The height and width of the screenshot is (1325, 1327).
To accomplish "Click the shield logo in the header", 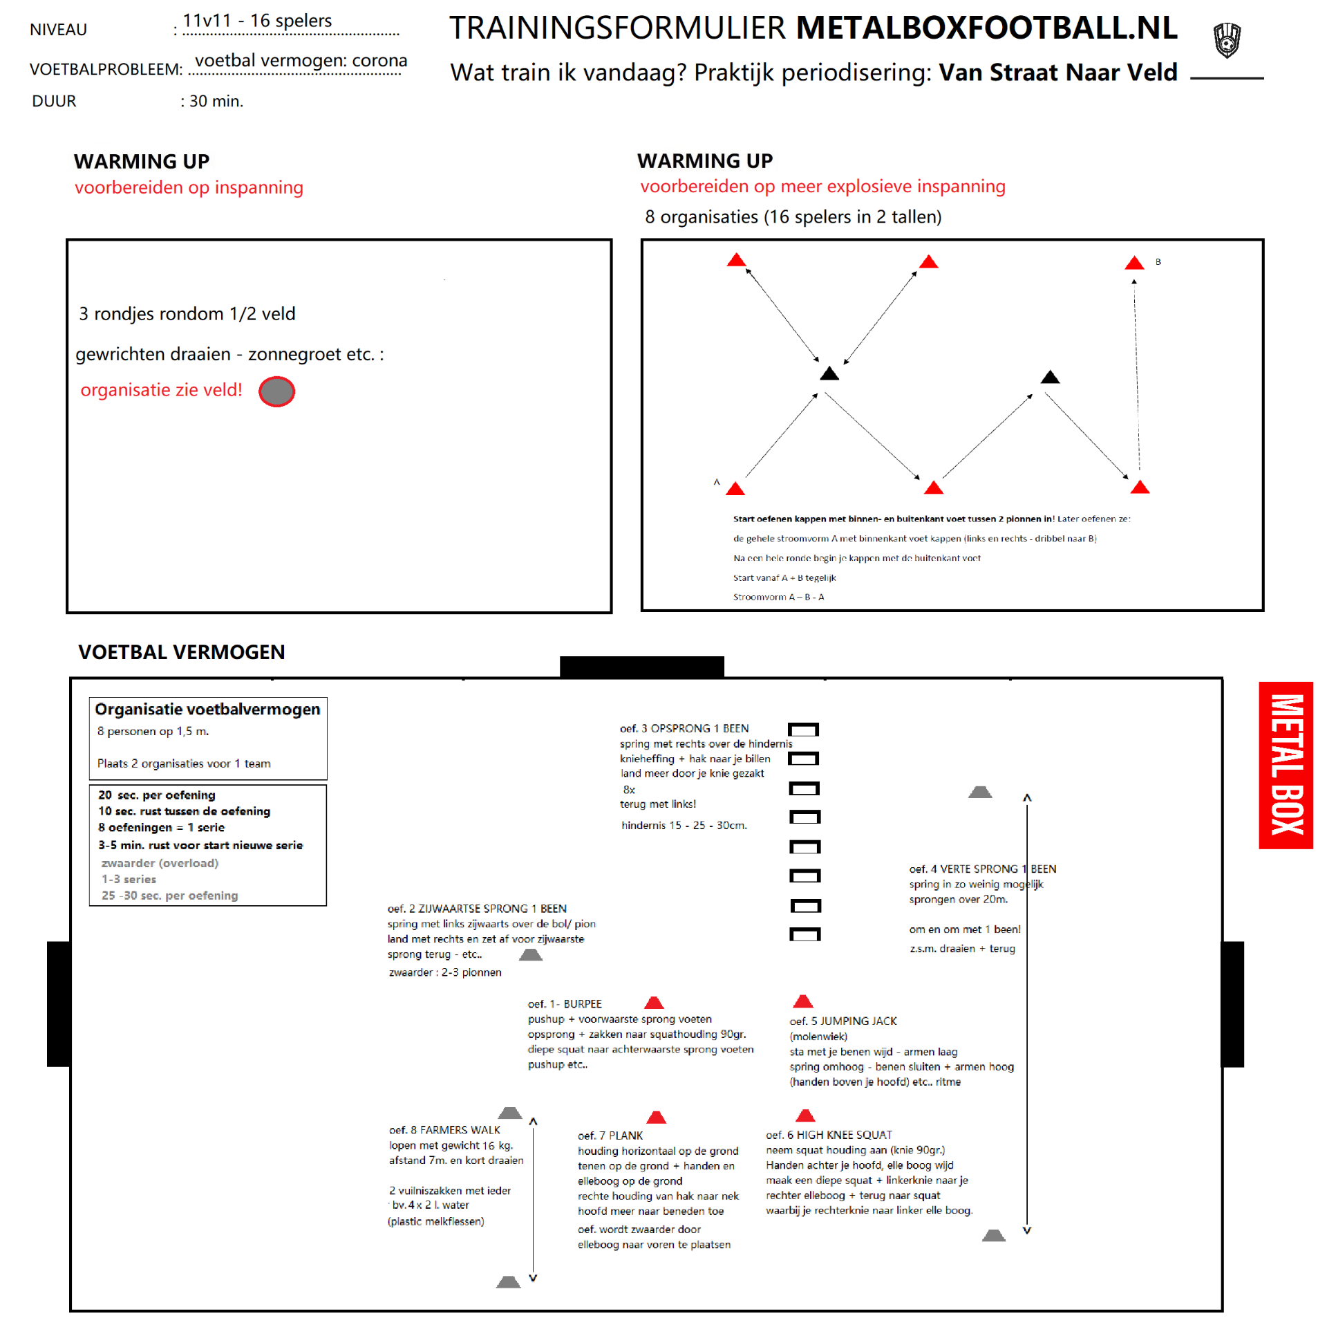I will [x=1227, y=39].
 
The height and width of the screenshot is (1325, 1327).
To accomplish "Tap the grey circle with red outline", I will [x=276, y=391].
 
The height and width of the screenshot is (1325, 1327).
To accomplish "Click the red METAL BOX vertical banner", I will [x=1286, y=765].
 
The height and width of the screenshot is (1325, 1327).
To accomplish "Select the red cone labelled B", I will [x=1134, y=263].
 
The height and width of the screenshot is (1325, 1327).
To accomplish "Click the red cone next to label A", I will [x=735, y=489].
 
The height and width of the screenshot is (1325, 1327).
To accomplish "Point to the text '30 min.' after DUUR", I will [x=216, y=102].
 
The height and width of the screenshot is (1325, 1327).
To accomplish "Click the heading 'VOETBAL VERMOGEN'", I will [x=181, y=652].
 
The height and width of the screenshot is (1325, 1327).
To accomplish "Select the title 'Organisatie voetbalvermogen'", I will [x=207, y=710].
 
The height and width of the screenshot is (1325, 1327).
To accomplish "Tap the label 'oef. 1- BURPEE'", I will [x=565, y=1004].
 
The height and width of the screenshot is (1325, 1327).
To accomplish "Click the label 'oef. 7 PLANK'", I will [x=610, y=1136].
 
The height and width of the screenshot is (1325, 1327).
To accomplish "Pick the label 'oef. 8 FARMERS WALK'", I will [x=444, y=1130].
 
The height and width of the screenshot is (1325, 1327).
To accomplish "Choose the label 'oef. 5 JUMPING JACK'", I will [x=843, y=1021].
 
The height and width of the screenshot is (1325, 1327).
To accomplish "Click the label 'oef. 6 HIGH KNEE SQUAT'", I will [x=829, y=1135].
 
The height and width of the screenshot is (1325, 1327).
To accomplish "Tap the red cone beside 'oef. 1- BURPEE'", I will [x=654, y=1003].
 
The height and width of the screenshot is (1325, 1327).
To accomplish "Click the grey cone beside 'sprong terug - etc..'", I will [x=531, y=955].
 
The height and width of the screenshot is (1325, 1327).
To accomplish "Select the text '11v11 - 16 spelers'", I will [x=257, y=21].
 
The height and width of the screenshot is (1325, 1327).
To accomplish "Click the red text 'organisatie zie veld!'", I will [x=161, y=390].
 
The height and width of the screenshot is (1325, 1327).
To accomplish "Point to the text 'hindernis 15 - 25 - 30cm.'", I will [x=684, y=826].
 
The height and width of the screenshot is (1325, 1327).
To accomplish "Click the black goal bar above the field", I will [x=642, y=666].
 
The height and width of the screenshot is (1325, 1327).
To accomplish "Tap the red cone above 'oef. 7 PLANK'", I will [x=656, y=1117].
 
